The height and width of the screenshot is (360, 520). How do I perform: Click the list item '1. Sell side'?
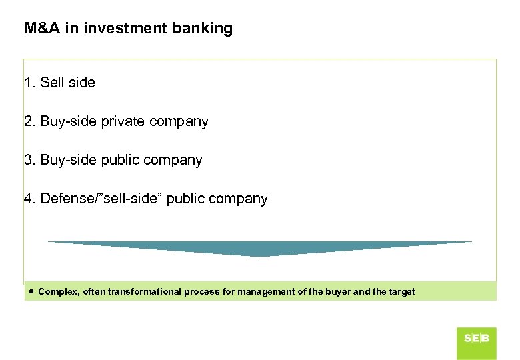(x=59, y=83)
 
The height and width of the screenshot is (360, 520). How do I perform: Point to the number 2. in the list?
(x=30, y=121)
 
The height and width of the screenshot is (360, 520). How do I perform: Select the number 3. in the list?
(x=30, y=160)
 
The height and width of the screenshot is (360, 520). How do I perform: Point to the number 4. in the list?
(x=30, y=199)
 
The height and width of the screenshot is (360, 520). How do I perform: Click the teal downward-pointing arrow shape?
(x=260, y=248)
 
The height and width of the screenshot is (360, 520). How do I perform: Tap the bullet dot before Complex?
(x=32, y=291)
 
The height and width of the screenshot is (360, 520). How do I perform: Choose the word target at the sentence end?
(x=401, y=291)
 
